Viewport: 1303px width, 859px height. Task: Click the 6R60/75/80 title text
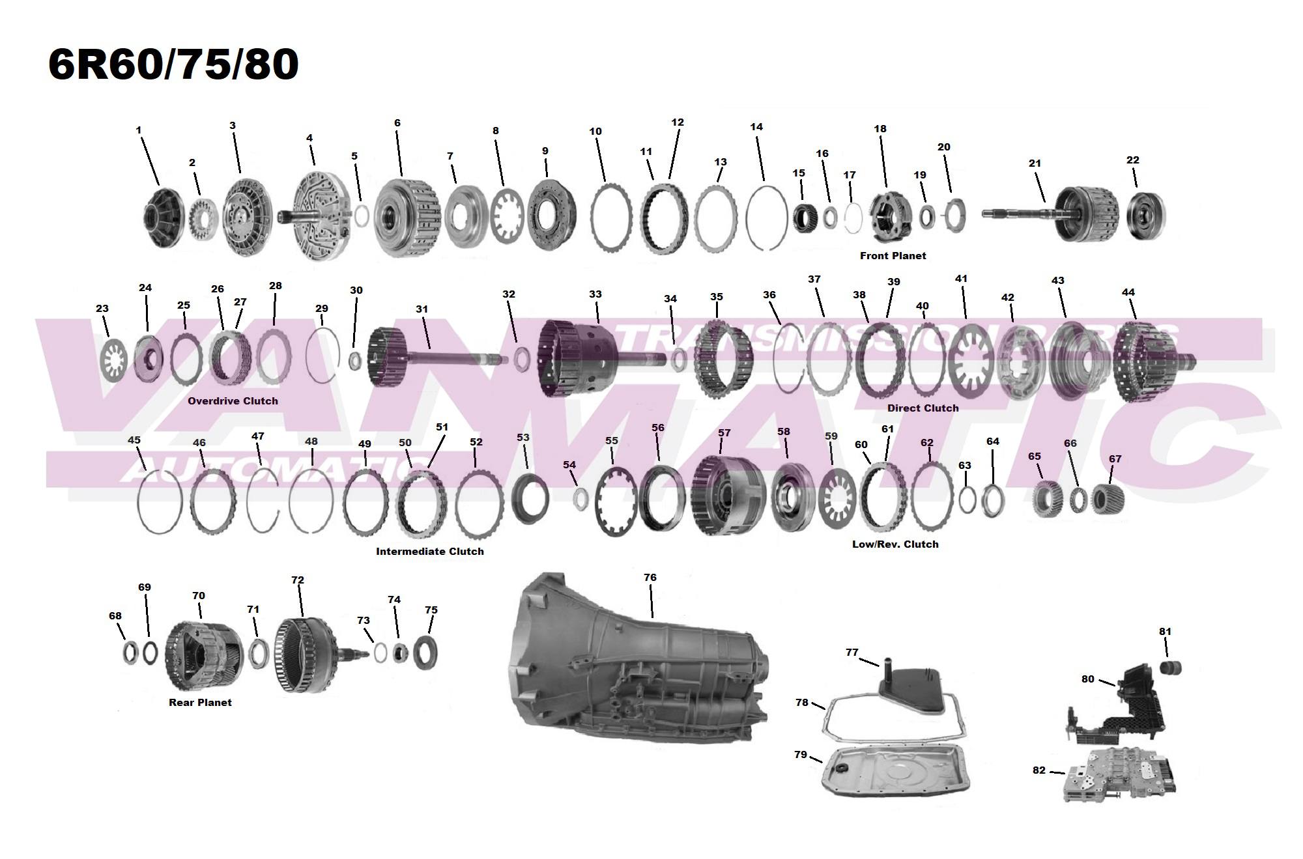click(173, 64)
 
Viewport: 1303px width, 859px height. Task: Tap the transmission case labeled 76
click(638, 664)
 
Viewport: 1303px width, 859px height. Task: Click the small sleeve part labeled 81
click(1171, 668)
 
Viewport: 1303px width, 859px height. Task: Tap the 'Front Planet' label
click(893, 256)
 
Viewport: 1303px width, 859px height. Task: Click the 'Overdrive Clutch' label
click(233, 401)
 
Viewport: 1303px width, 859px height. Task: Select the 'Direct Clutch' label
click(923, 408)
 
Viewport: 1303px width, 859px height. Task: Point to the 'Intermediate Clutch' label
click(429, 552)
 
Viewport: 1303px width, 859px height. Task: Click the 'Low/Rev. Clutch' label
click(895, 544)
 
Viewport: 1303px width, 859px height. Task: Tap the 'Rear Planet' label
click(200, 703)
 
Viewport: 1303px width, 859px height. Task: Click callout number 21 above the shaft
click(1035, 163)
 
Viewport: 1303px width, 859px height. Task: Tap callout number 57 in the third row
click(724, 433)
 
